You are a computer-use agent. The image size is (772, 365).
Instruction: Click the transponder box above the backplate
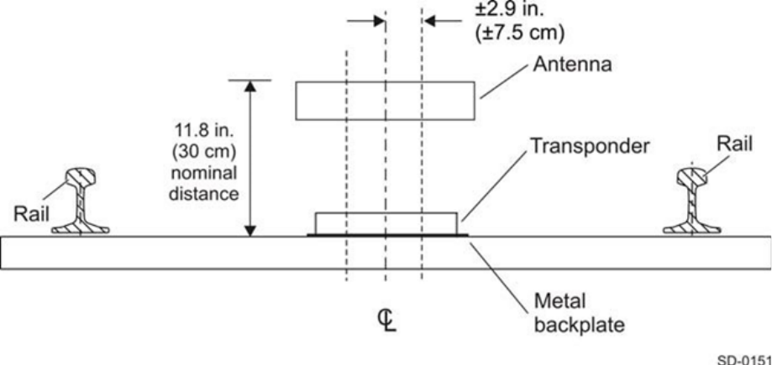point(386,223)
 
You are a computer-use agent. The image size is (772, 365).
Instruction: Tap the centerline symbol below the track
point(386,321)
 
